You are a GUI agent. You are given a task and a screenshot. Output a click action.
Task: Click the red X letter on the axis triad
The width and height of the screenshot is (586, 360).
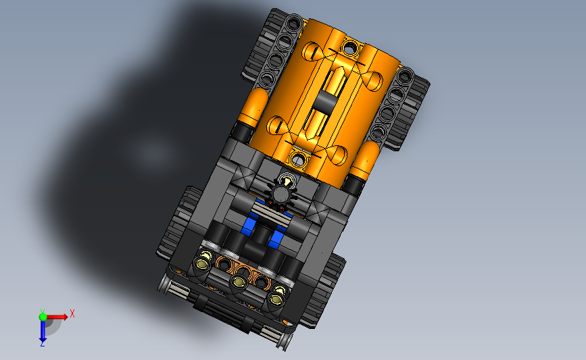click(x=72, y=313)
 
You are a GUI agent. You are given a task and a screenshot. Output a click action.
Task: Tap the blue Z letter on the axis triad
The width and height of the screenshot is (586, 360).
click(x=42, y=344)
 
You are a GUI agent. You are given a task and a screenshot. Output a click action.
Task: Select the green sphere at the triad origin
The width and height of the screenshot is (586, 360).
click(x=43, y=317)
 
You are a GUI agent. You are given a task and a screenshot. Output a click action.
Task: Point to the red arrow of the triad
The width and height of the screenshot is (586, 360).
click(x=57, y=317)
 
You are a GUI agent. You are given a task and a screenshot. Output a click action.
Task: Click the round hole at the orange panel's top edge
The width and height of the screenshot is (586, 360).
click(x=350, y=47)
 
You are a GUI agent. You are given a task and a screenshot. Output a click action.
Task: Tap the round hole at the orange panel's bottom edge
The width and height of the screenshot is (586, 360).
click(x=298, y=159)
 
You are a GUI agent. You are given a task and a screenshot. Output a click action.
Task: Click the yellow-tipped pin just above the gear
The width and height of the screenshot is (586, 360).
click(x=287, y=181)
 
